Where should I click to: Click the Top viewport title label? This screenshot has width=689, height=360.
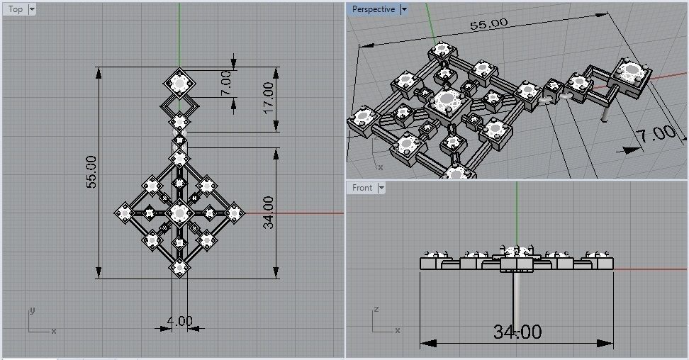point(16,9)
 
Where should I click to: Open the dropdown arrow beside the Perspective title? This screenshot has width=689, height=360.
point(404,9)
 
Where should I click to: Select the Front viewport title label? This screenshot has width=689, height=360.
point(362,188)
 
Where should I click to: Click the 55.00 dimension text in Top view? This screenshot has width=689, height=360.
point(91,171)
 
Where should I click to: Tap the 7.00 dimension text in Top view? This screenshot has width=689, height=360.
point(225,84)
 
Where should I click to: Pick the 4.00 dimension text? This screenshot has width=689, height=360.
point(179,321)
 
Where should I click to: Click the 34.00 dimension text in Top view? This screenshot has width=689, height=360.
point(267,213)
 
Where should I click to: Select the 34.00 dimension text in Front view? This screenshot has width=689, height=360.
point(517,332)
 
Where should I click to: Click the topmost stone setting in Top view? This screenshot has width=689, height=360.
point(180,84)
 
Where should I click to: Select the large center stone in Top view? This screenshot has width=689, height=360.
point(179,211)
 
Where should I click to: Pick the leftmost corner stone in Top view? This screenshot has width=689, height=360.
point(125,211)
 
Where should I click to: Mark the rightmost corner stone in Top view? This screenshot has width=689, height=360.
point(234,211)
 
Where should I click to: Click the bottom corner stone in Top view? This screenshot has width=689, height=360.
point(179,267)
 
